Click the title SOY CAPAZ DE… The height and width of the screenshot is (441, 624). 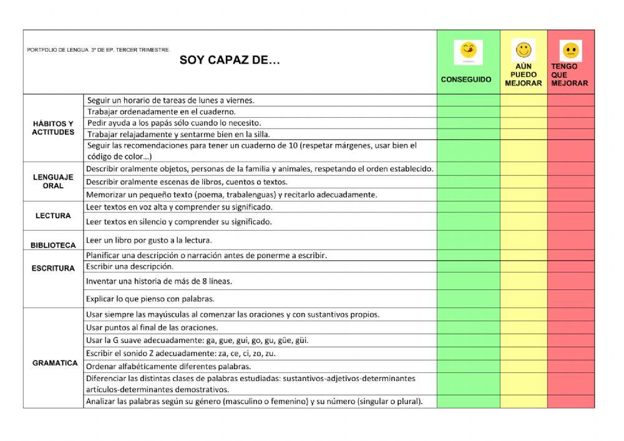click(x=230, y=61)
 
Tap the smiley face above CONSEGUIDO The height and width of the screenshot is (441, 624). click(x=467, y=51)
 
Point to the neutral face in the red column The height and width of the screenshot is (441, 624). click(x=570, y=50)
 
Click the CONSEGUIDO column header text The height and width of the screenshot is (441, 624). click(x=466, y=80)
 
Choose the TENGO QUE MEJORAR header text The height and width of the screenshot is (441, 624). click(x=569, y=75)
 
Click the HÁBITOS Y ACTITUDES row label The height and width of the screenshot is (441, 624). click(x=53, y=128)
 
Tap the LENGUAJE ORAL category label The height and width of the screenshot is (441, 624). click(x=53, y=182)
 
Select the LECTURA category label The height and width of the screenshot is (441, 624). click(x=53, y=216)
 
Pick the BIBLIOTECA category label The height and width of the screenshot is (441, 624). click(x=53, y=245)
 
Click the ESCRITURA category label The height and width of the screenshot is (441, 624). click(x=53, y=268)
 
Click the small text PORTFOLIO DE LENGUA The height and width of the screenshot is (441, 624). click(x=98, y=50)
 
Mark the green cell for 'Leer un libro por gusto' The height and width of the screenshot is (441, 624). click(x=468, y=240)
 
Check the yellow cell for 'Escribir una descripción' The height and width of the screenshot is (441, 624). click(x=524, y=266)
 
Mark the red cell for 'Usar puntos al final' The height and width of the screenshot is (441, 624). click(x=571, y=327)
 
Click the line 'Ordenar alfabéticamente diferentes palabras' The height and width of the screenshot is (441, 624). click(x=168, y=366)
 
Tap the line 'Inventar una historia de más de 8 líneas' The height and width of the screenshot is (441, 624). click(x=159, y=281)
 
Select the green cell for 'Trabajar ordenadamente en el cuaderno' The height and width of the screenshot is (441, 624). click(x=468, y=112)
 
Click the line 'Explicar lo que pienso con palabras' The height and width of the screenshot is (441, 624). click(x=150, y=298)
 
